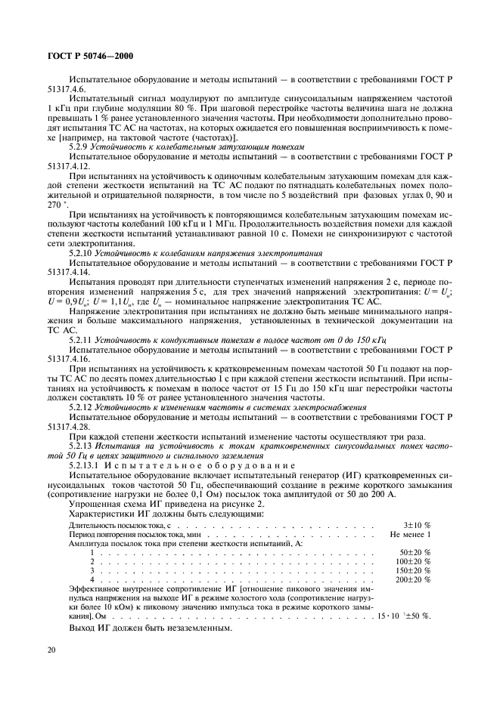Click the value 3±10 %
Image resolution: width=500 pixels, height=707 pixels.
[x=416, y=523]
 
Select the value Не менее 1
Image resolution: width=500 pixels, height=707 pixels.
[x=410, y=533]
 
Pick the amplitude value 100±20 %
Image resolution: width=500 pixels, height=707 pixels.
[x=412, y=561]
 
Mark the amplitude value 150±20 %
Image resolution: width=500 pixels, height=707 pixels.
[x=412, y=570]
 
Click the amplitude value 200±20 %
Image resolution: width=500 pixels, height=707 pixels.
[x=412, y=579]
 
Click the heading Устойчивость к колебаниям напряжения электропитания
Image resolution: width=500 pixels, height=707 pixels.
[x=212, y=253]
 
